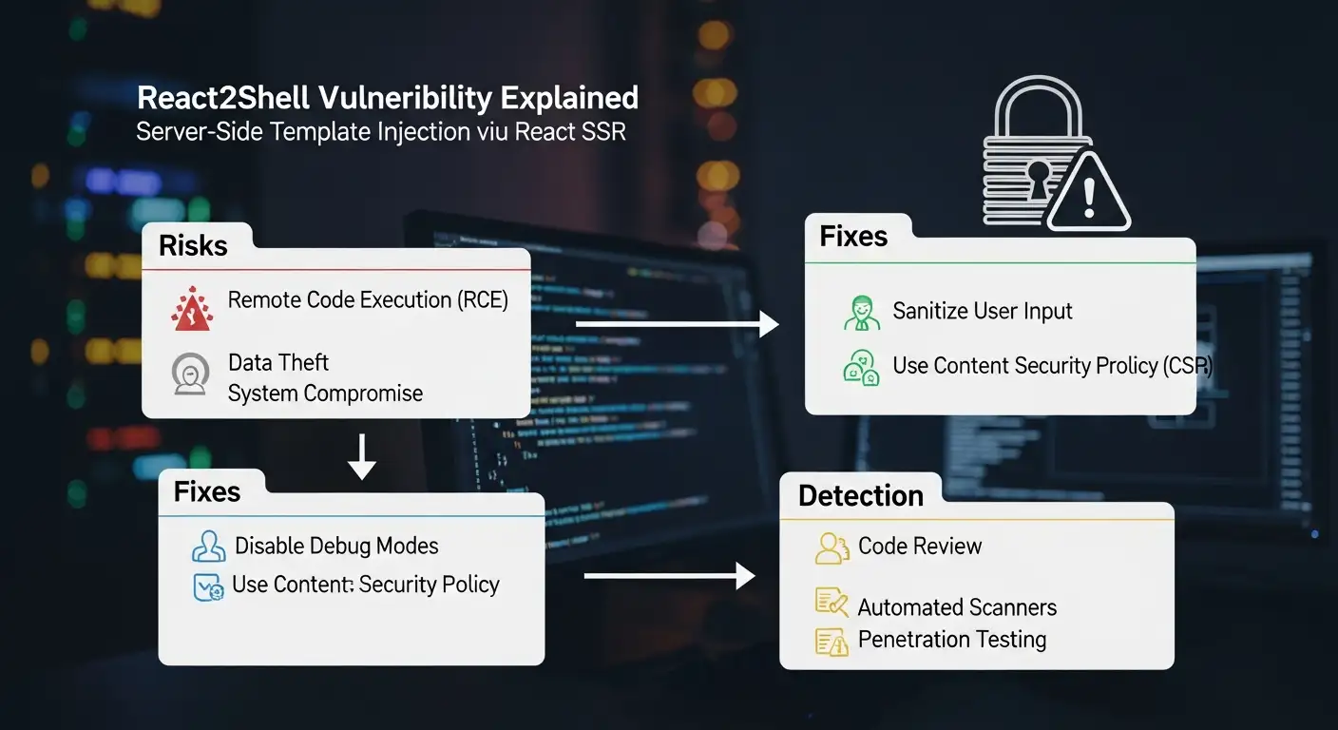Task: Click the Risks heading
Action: pos(193,245)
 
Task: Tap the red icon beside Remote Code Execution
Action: pos(191,308)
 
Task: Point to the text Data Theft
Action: pos(278,362)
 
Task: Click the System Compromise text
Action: pos(325,394)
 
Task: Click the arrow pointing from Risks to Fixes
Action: pos(677,326)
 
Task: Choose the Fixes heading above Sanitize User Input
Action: pos(852,236)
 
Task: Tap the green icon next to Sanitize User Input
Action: pos(861,313)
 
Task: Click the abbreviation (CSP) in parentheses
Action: pos(1188,366)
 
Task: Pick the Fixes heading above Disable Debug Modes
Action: pos(206,491)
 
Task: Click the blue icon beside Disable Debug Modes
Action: pos(208,547)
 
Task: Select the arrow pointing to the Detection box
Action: pos(668,576)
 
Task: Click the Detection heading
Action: pos(860,495)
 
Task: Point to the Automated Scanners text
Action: pos(957,607)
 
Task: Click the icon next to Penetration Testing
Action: pos(831,642)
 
